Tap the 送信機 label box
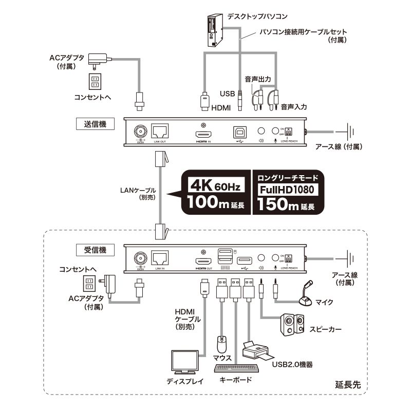click(x=94, y=123)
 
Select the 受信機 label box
click(x=94, y=250)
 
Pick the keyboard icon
click(x=236, y=368)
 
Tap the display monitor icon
click(x=185, y=363)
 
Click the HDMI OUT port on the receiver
click(x=204, y=262)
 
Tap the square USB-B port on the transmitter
click(x=239, y=131)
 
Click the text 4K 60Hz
click(x=215, y=183)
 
